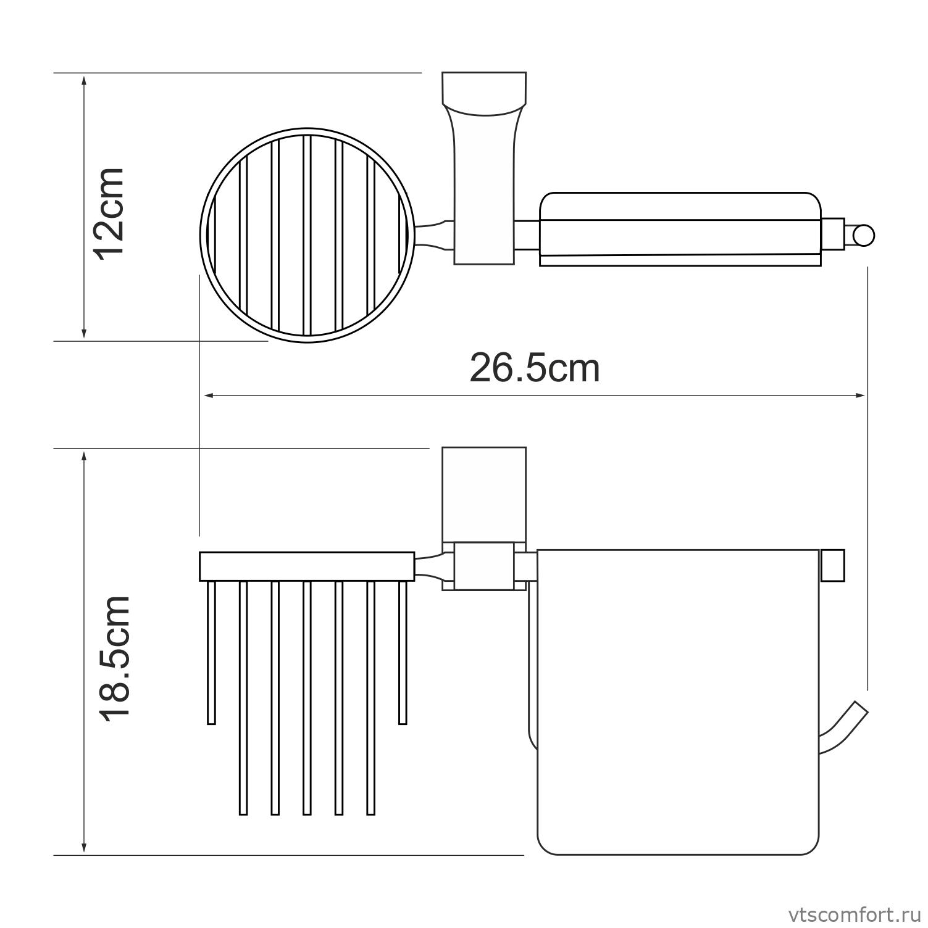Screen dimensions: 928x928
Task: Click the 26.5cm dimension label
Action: click(x=534, y=368)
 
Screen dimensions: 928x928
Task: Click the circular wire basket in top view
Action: click(x=307, y=236)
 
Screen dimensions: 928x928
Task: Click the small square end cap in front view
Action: click(x=832, y=565)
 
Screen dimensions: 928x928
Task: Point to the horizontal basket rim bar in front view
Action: click(x=306, y=566)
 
